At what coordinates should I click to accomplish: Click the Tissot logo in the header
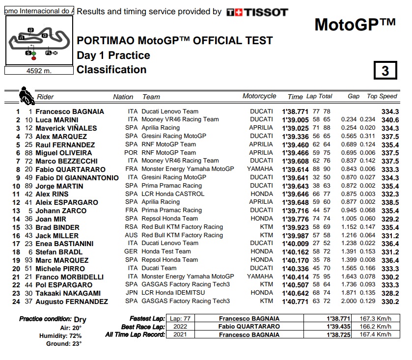[x=257, y=12]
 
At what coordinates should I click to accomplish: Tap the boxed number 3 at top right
[x=385, y=71]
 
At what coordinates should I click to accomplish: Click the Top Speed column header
[x=382, y=96]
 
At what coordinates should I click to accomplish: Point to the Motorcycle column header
[x=259, y=96]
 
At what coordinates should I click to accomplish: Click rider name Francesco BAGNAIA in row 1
[x=70, y=111]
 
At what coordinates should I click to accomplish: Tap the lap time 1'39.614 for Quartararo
[x=295, y=169]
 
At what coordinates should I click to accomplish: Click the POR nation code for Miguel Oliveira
[x=131, y=153]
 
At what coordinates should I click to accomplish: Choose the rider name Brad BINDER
[x=57, y=227]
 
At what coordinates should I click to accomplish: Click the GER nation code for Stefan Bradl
[x=131, y=252]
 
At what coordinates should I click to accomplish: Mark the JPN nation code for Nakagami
[x=131, y=293]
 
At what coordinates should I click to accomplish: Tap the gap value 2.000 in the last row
[x=349, y=301]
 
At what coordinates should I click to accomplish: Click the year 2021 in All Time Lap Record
[x=180, y=335]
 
